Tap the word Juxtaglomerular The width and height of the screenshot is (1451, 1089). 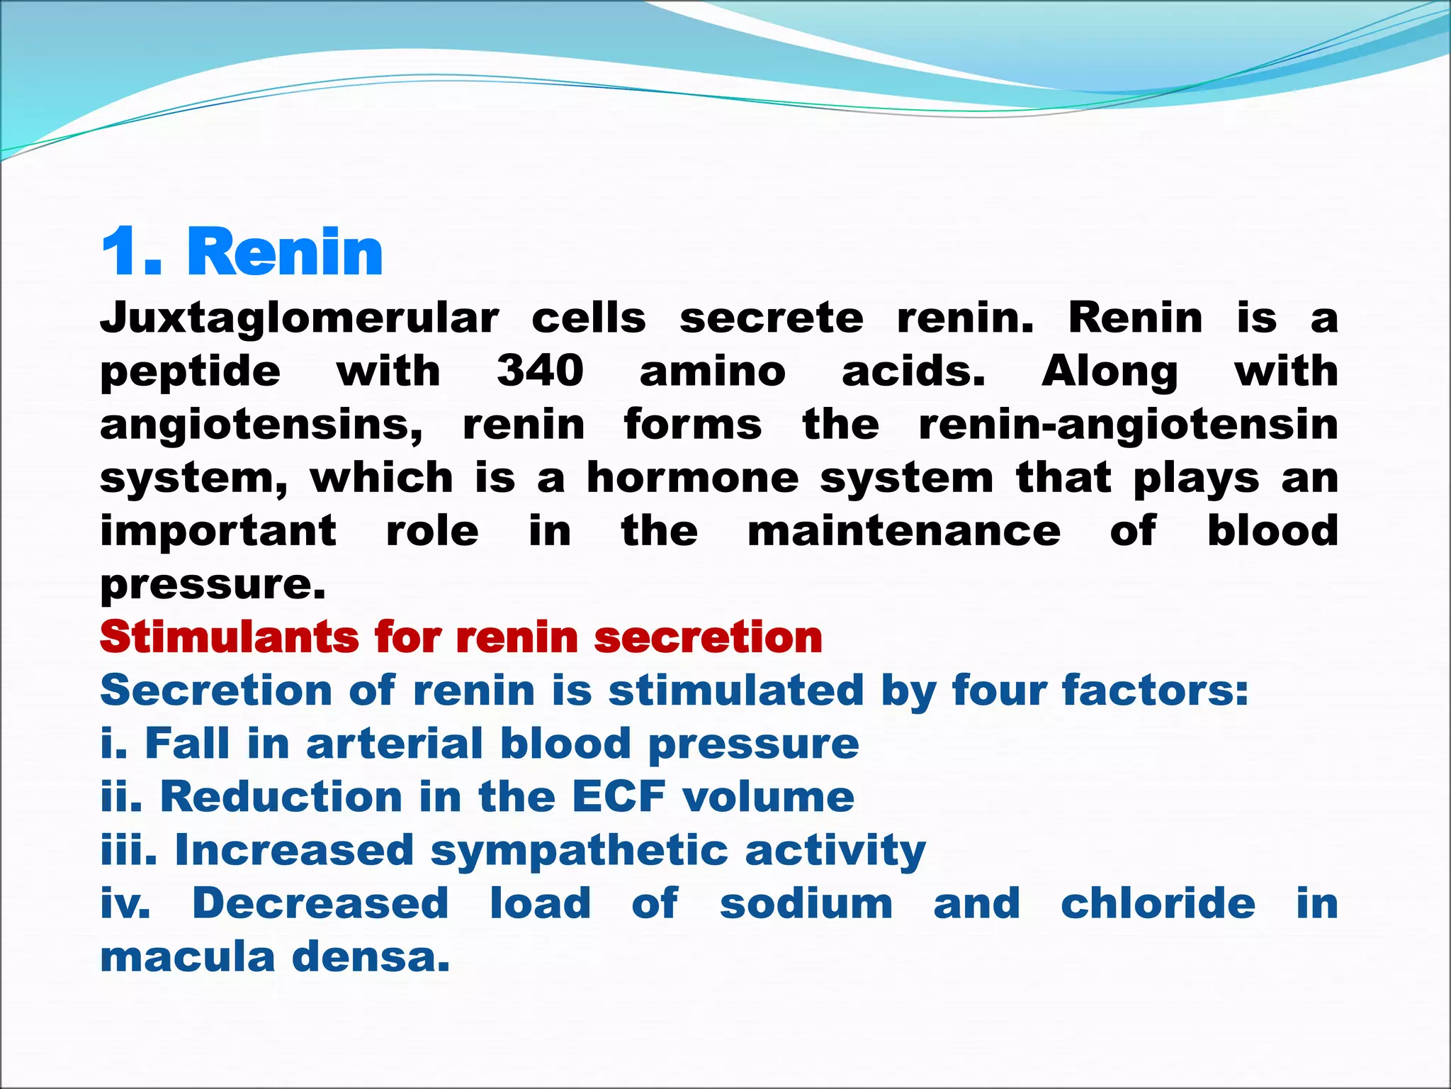300,318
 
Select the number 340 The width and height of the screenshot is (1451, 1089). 540,371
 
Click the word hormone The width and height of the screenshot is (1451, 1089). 693,478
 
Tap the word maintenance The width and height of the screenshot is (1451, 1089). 904,531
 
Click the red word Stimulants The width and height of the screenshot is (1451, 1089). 230,637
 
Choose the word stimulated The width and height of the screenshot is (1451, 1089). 736,690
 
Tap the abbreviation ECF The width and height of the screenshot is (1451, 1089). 619,796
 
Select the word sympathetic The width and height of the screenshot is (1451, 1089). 580,851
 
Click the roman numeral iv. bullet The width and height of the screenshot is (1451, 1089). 125,903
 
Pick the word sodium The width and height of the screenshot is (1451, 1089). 806,903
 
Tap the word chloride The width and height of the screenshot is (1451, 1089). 1158,903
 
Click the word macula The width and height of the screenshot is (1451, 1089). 188,956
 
